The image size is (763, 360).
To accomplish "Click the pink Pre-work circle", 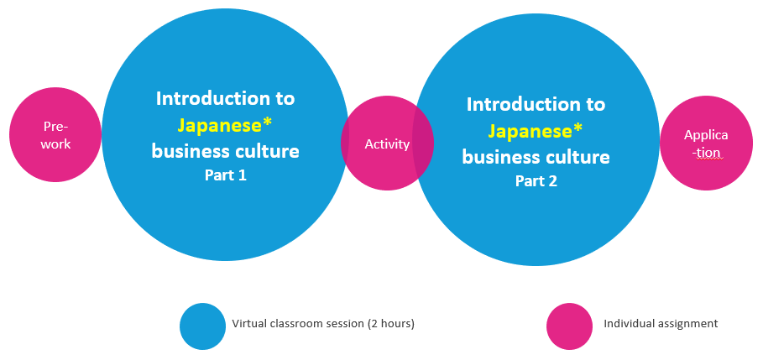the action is point(55,135).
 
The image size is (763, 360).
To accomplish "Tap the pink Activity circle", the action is point(387,143).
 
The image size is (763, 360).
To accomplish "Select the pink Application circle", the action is point(706,143).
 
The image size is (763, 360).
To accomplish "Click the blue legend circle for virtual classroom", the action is point(202,326).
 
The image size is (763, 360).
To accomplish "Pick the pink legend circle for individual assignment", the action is point(569,326).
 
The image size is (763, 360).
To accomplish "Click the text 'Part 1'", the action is point(226,175).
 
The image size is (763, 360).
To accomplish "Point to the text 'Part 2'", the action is point(536,181).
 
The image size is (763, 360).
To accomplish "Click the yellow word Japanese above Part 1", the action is point(219,126).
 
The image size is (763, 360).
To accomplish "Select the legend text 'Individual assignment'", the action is point(661,324).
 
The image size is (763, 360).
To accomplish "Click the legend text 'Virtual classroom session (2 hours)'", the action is point(323,324).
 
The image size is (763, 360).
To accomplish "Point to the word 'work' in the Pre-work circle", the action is point(55,144).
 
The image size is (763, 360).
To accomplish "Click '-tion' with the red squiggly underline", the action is point(706,153).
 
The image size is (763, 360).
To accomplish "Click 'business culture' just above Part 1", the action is point(225,151).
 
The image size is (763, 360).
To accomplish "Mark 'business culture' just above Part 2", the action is point(536,157).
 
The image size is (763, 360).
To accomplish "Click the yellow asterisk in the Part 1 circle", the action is point(267,123).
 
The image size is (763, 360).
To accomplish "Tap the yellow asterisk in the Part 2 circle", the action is point(578,128).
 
